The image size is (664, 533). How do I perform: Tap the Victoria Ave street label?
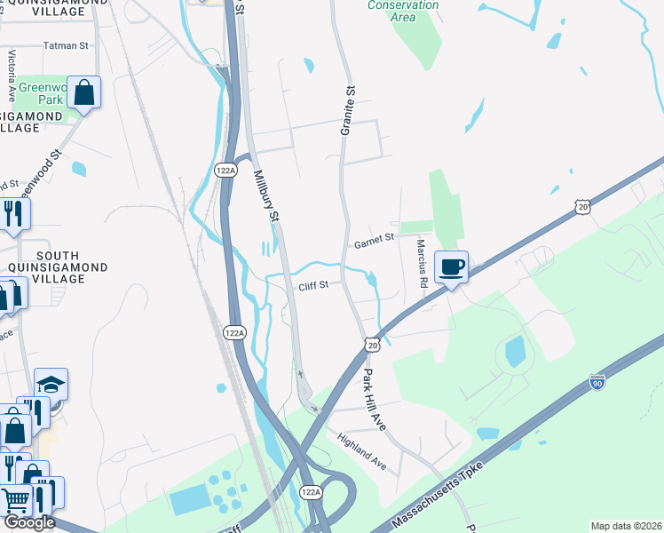coord(12,75)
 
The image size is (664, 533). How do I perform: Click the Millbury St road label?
coord(266,196)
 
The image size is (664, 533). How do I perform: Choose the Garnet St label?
coord(374,239)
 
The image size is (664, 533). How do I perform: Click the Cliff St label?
coord(313,285)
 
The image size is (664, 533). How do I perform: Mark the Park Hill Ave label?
coord(375,400)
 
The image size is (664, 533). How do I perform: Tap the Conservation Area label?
coord(403,11)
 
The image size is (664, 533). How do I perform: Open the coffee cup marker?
coord(451,266)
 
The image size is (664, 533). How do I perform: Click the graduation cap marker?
coord(51,384)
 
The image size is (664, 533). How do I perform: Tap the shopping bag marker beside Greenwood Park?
coord(83,91)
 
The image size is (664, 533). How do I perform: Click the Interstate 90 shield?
coord(597,383)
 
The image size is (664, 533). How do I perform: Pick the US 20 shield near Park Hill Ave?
coord(372,344)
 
